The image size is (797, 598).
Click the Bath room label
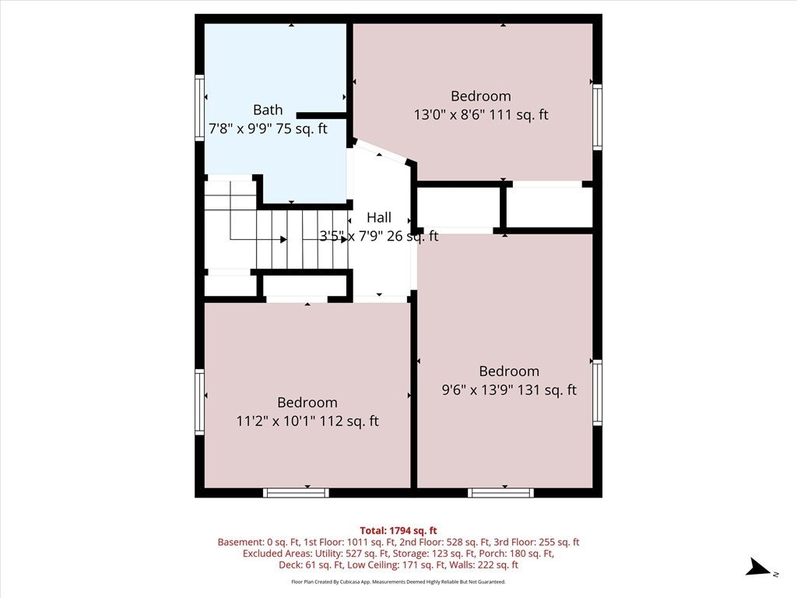tap(268, 110)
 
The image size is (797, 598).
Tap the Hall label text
tap(379, 218)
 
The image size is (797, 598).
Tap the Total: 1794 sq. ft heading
tap(398, 531)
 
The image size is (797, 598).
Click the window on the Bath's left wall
tap(200, 107)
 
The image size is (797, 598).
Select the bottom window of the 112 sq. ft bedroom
tap(297, 493)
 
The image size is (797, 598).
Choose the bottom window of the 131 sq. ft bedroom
tap(500, 493)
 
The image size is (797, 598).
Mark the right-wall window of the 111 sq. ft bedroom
tap(597, 117)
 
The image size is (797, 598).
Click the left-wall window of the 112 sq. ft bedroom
tap(200, 402)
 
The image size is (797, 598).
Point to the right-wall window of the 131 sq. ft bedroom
tap(597, 392)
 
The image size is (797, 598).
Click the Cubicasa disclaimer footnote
tap(398, 582)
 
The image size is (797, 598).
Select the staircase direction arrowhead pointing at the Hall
tap(345, 239)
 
